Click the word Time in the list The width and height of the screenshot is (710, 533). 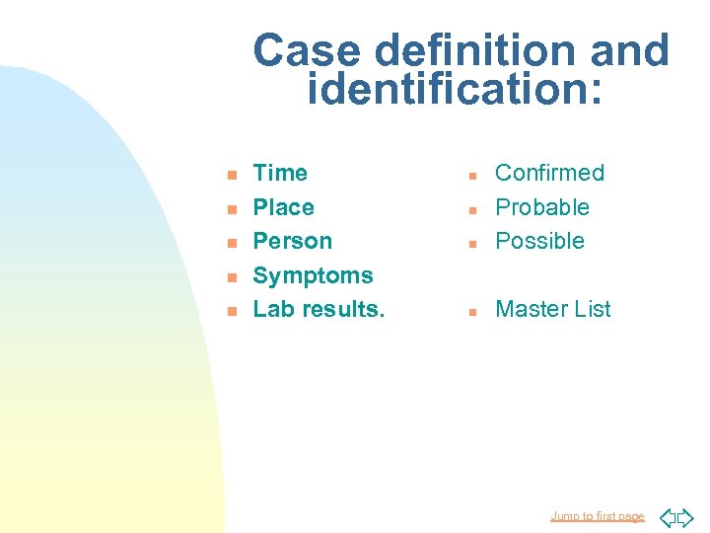coord(280,173)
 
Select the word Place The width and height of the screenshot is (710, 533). coord(283,207)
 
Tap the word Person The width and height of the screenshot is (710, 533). coord(292,241)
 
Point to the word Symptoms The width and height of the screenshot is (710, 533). coord(313,275)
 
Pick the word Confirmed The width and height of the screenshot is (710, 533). coord(549,173)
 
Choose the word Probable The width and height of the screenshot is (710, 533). coord(542,207)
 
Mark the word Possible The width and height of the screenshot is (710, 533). coord(539,241)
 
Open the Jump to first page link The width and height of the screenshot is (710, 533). coord(598,516)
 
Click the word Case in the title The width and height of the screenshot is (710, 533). coord(295,51)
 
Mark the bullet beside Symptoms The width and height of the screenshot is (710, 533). coord(231,277)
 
